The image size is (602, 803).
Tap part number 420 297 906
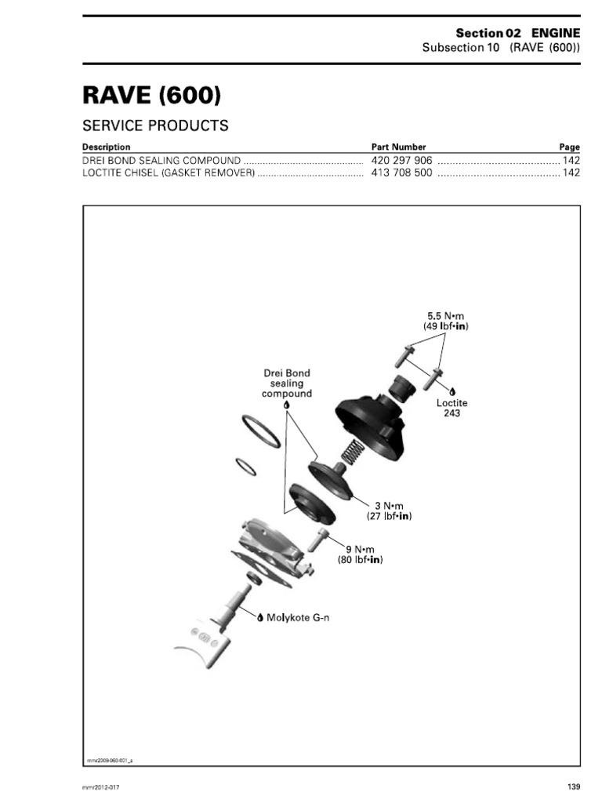pyautogui.click(x=401, y=160)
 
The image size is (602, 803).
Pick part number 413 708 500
pyautogui.click(x=401, y=173)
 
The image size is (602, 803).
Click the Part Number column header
pyautogui.click(x=398, y=147)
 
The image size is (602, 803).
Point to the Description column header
pyautogui.click(x=107, y=147)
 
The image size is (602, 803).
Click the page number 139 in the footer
pyautogui.click(x=573, y=787)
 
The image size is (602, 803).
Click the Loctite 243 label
pyautogui.click(x=451, y=408)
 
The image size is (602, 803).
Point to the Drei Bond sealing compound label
pyautogui.click(x=286, y=383)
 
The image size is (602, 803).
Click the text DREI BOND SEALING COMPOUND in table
pyautogui.click(x=161, y=160)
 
